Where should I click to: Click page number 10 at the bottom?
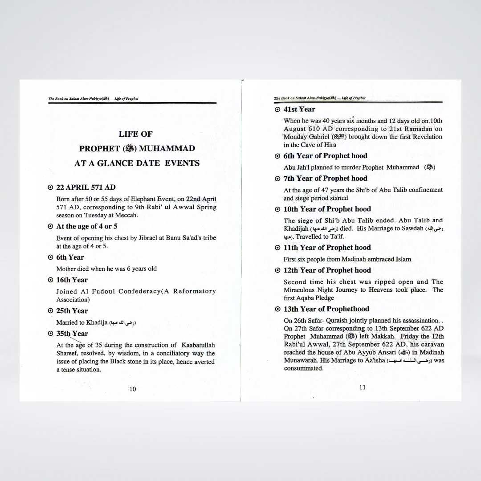point(133,389)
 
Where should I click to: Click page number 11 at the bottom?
point(362,387)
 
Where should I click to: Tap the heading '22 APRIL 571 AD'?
point(86,188)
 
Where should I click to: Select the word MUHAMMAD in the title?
point(167,148)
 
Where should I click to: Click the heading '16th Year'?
point(72,280)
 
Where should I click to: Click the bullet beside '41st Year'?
point(277,110)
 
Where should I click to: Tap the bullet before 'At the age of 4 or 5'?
point(50,227)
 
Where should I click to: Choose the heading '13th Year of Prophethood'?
point(326,309)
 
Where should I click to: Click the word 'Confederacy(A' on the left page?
point(137,291)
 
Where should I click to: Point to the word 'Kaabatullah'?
point(198,345)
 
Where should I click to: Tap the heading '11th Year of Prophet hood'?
point(327,248)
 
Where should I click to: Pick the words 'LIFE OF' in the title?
point(135,134)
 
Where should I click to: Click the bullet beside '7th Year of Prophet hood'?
point(277,179)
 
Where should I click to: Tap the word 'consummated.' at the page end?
point(303,368)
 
